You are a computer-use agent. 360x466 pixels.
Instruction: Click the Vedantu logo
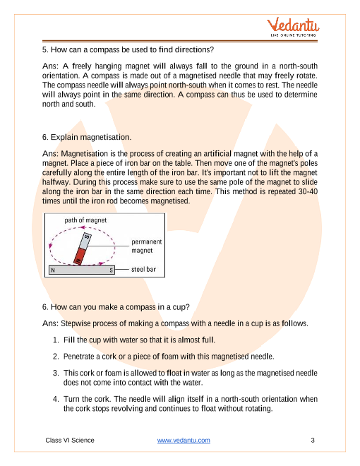(293, 27)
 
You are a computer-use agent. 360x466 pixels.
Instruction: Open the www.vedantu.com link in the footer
(184, 440)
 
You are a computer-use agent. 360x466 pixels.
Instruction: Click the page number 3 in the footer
(313, 440)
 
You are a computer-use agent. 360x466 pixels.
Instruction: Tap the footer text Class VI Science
(70, 440)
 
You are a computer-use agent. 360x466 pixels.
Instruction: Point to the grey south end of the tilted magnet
(85, 241)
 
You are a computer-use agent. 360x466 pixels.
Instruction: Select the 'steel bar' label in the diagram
(143, 269)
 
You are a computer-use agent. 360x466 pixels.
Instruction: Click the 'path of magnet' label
(85, 220)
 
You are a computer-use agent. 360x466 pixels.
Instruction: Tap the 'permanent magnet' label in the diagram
(147, 246)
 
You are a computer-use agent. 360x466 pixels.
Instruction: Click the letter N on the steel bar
(53, 270)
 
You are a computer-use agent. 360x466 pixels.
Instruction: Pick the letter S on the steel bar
(111, 270)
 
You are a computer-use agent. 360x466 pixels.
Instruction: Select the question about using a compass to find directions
(128, 49)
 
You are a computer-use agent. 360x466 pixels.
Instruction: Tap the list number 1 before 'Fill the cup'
(56, 340)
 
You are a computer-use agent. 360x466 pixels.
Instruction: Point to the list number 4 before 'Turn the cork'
(56, 399)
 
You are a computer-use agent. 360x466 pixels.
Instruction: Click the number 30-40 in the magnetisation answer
(308, 191)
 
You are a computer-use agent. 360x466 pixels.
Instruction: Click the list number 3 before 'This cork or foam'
(56, 373)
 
